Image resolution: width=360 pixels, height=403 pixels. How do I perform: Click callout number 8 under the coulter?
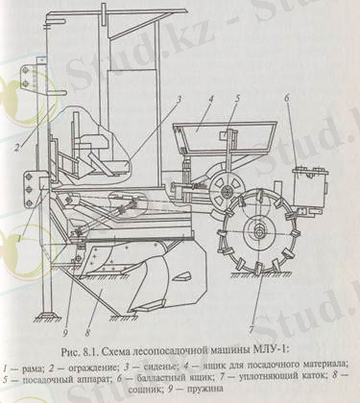90,308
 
